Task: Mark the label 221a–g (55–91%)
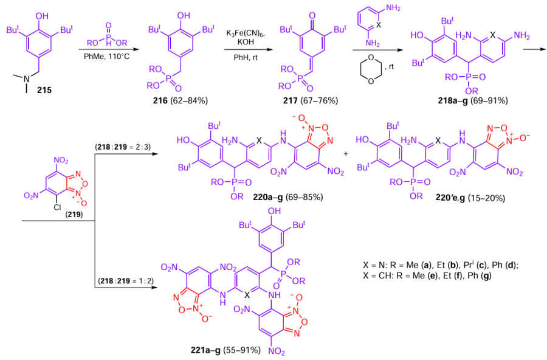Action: [225, 350]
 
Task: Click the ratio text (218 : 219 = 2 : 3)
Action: [124, 147]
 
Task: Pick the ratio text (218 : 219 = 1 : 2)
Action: [124, 282]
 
